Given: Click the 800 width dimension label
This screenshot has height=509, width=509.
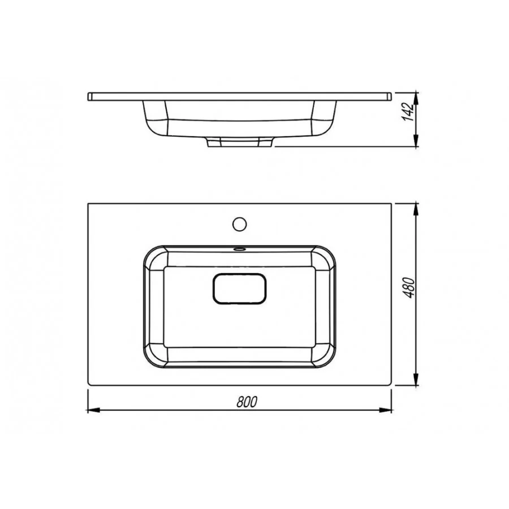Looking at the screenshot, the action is click(x=247, y=402).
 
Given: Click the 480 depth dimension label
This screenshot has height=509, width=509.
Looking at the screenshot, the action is click(x=409, y=288).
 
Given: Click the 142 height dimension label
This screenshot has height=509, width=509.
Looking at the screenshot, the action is click(x=408, y=112).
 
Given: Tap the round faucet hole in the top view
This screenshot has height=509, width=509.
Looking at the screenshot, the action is click(x=240, y=225).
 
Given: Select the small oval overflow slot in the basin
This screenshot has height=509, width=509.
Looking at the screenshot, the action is click(x=240, y=249).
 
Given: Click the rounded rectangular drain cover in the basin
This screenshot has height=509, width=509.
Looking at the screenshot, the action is click(x=240, y=288).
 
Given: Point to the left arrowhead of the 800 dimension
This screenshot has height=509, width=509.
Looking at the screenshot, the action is click(x=93, y=411).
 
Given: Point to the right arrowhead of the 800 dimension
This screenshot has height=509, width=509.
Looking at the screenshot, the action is click(x=386, y=411).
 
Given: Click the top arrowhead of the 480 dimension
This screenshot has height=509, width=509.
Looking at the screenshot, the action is click(x=416, y=210).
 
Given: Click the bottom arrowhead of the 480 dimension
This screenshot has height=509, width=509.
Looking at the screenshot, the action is click(x=416, y=379).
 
